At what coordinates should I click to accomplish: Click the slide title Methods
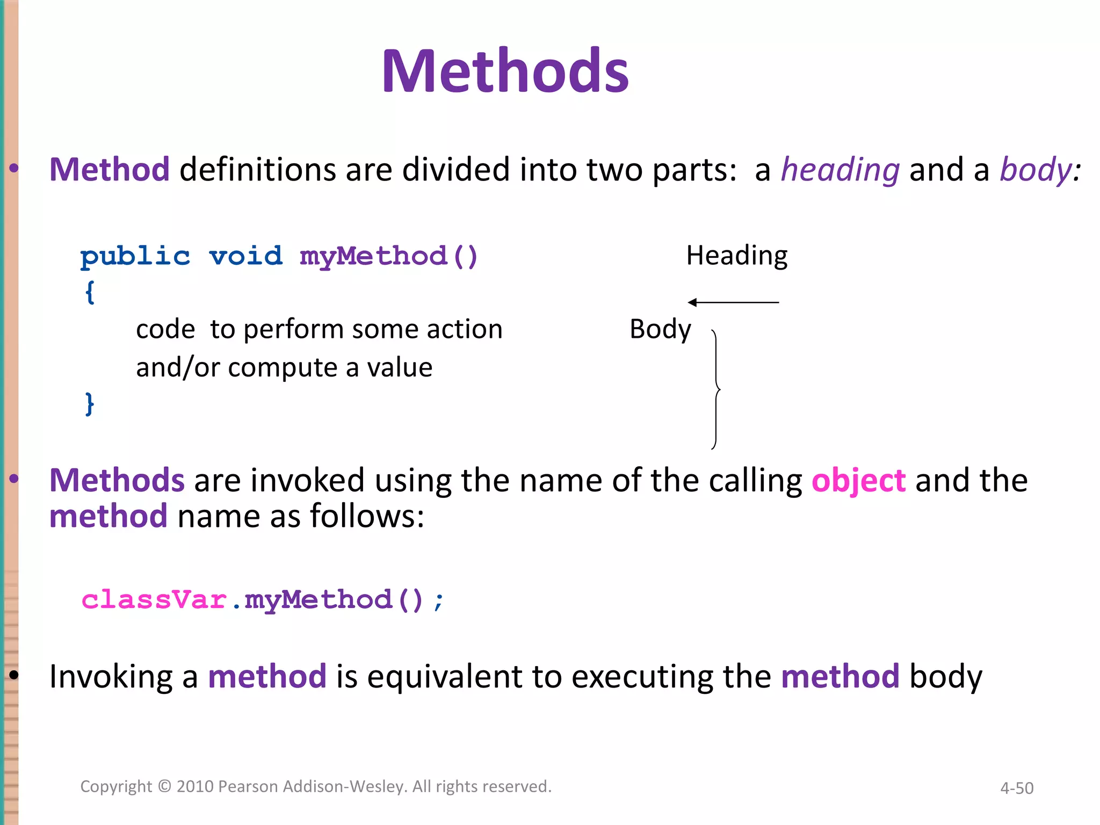[x=505, y=71]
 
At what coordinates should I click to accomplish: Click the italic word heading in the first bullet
[x=840, y=170]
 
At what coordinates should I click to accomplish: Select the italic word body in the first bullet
[x=1036, y=170]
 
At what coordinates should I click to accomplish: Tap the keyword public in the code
[x=135, y=256]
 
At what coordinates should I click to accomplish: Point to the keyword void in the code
[x=245, y=256]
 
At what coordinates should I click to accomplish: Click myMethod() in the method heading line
[x=388, y=256]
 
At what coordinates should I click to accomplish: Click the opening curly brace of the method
[x=90, y=293]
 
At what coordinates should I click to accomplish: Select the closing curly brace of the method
[x=90, y=403]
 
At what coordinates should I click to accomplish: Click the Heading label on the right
[x=736, y=256]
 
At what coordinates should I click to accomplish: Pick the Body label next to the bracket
[x=660, y=329]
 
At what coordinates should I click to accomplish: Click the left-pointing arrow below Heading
[x=733, y=302]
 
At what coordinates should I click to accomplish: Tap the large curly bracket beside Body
[x=716, y=389]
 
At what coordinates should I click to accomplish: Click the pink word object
[x=858, y=480]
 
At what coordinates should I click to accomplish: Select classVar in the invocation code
[x=154, y=599]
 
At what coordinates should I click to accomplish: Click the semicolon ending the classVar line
[x=439, y=602]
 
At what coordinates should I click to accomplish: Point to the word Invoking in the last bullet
[x=111, y=677]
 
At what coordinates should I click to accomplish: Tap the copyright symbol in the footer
[x=164, y=786]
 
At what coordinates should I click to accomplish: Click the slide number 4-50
[x=1016, y=788]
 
